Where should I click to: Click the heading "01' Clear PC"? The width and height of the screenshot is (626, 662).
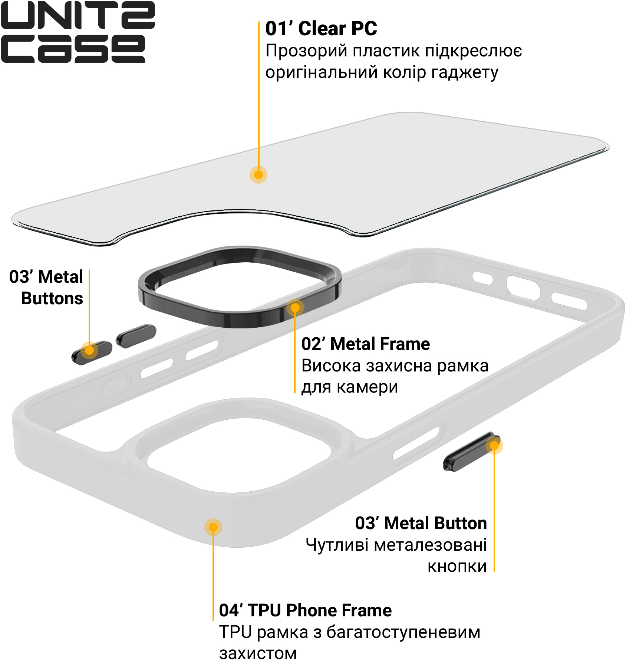[321, 29]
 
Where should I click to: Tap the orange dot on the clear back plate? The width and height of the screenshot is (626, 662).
[258, 174]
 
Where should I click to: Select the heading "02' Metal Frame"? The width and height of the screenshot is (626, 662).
[366, 344]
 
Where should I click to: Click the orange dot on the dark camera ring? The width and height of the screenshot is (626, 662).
[295, 308]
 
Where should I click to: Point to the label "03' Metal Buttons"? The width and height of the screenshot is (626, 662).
[46, 288]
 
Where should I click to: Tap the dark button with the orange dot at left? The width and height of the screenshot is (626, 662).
[92, 352]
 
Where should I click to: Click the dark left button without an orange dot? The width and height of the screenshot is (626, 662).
[136, 336]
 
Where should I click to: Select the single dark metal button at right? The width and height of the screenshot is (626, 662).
[472, 452]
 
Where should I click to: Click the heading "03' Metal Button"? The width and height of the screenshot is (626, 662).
[421, 523]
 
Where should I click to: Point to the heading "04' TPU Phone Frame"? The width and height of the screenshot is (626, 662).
[305, 610]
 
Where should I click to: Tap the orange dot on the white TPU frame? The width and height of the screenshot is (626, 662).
[213, 527]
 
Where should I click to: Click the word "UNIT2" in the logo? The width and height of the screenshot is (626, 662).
[78, 15]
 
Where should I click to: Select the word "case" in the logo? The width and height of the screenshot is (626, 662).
[73, 49]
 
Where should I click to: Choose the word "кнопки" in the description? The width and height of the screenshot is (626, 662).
[457, 566]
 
